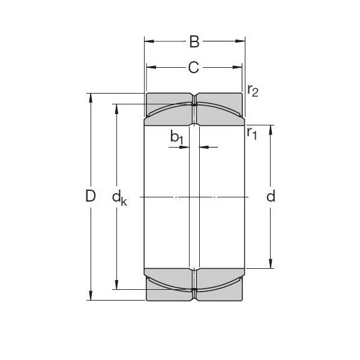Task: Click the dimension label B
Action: (194, 41)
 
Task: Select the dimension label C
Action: (193, 67)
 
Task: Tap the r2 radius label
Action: (253, 91)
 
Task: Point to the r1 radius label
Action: (251, 133)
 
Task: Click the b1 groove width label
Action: (176, 137)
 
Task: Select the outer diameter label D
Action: (91, 196)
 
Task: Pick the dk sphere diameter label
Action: (119, 197)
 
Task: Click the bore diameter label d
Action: (271, 196)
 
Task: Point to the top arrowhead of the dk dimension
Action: (116, 107)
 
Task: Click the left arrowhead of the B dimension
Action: (148, 41)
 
